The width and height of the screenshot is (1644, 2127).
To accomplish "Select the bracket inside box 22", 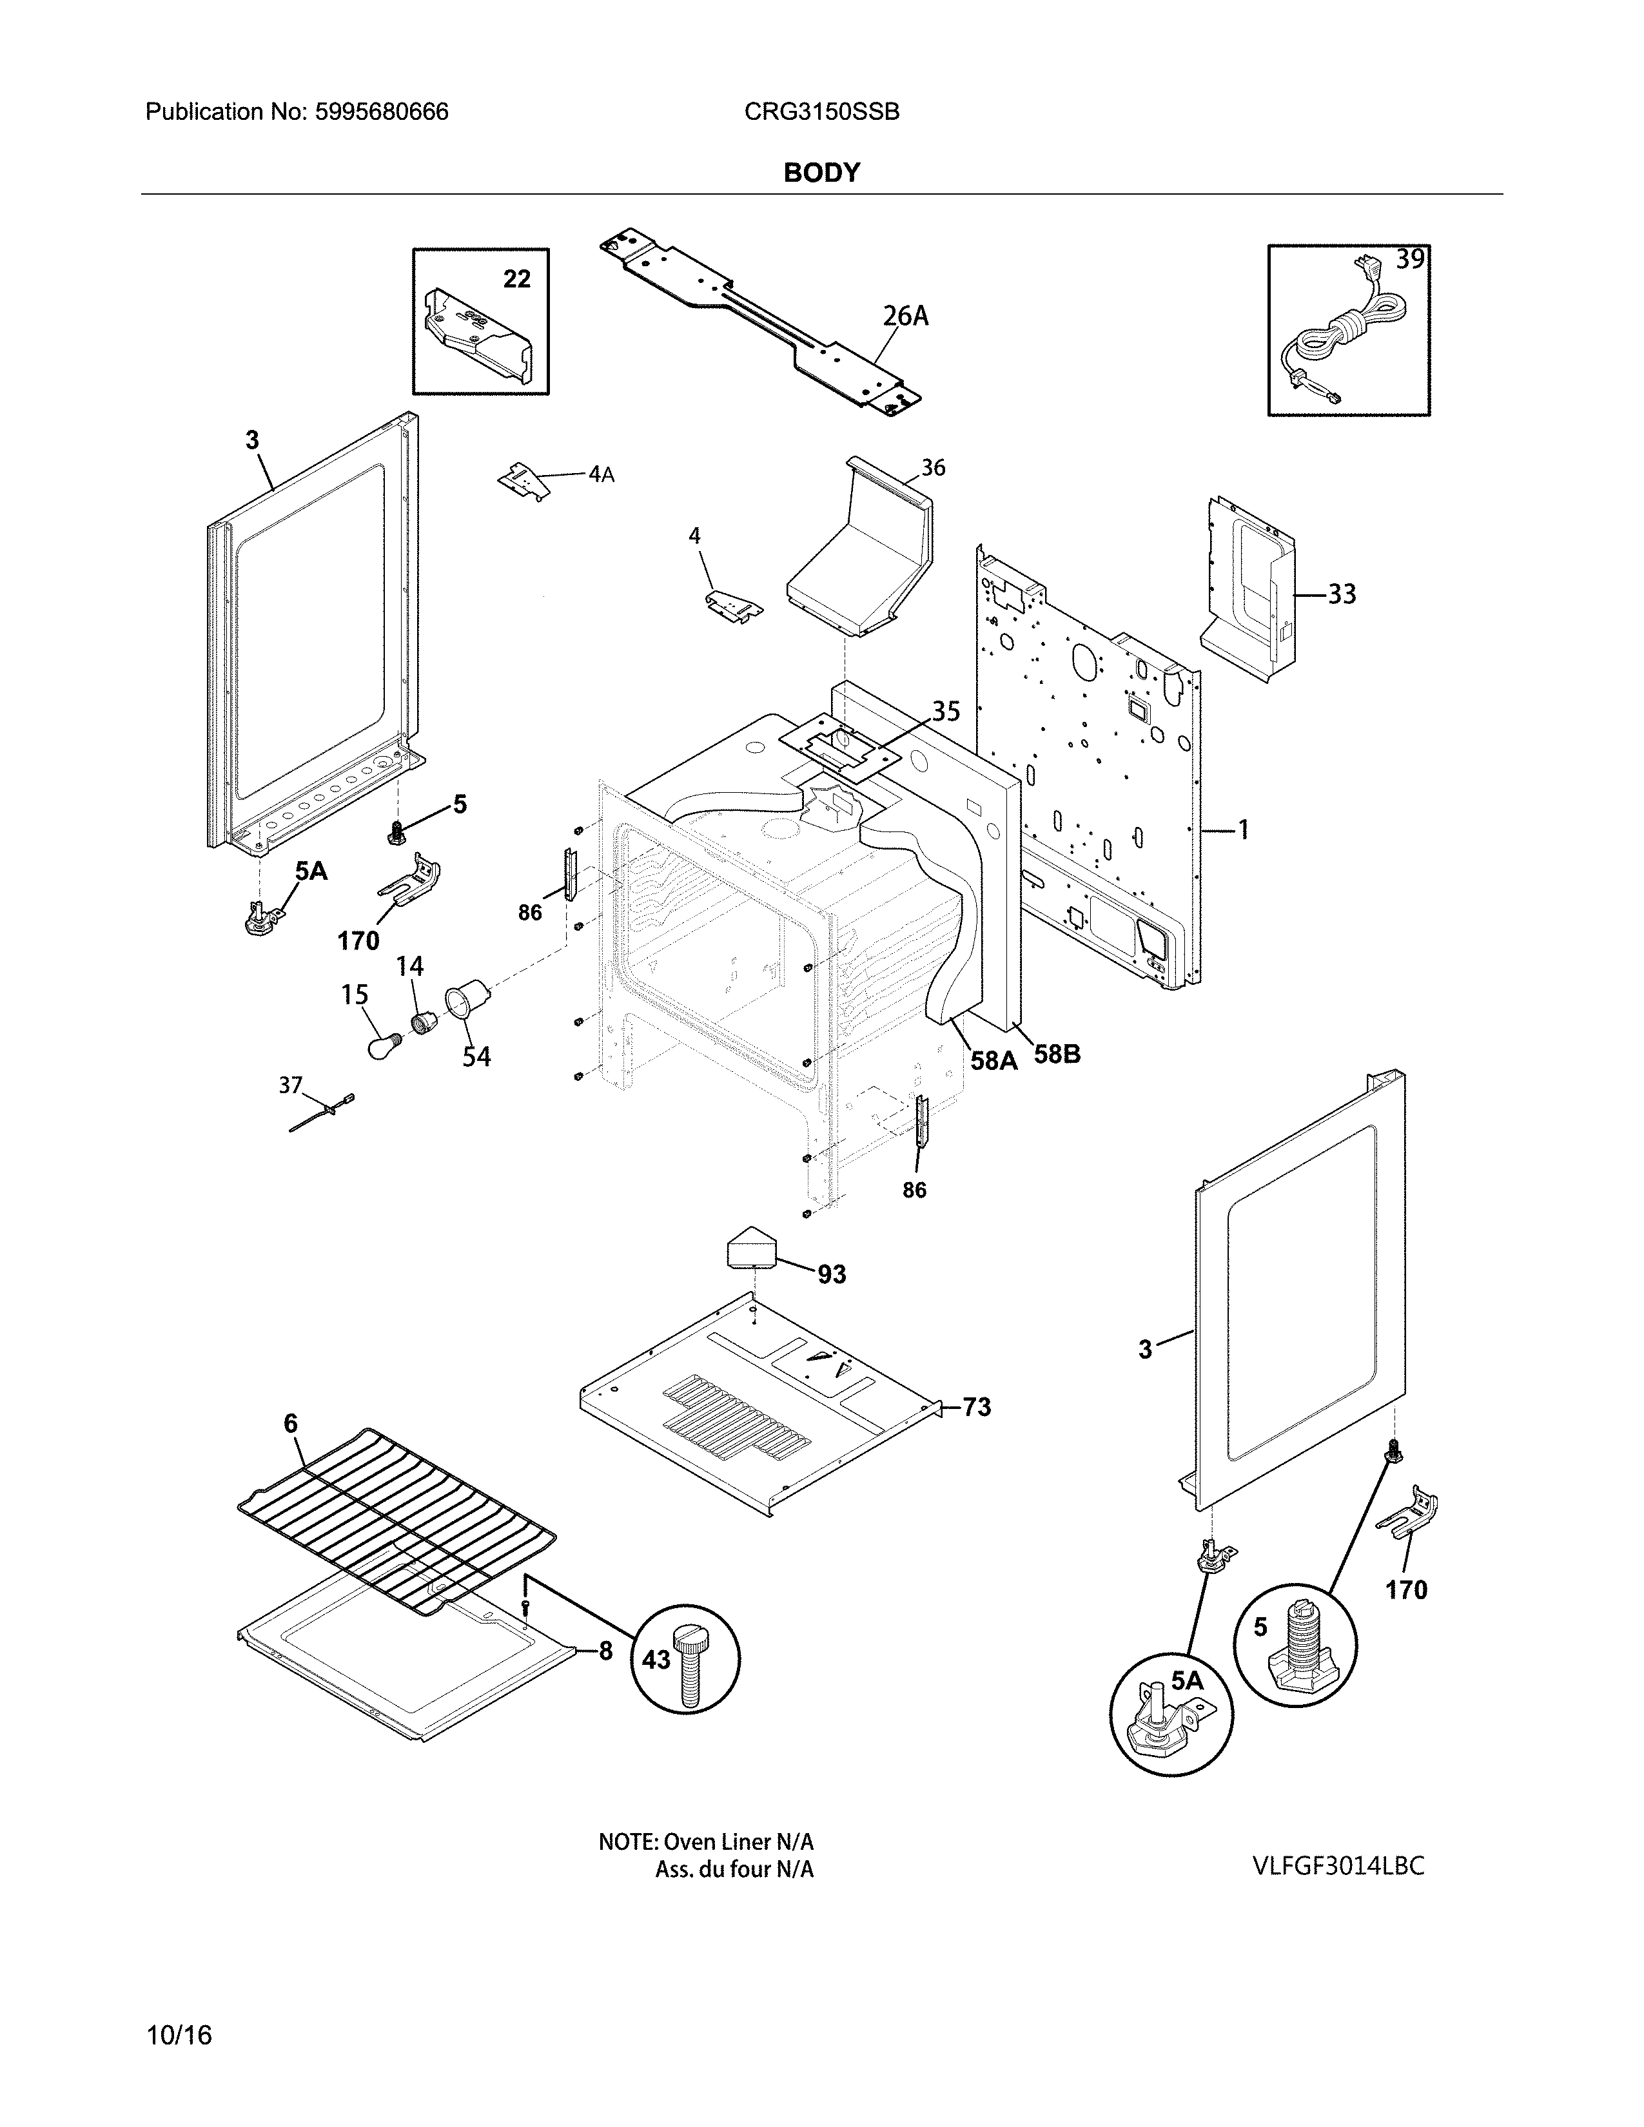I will click(x=477, y=336).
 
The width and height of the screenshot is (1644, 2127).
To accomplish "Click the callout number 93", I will click(x=831, y=1274).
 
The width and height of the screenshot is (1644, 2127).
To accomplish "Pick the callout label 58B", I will click(x=1057, y=1054).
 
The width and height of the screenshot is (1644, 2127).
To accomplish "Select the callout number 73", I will click(x=976, y=1406).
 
